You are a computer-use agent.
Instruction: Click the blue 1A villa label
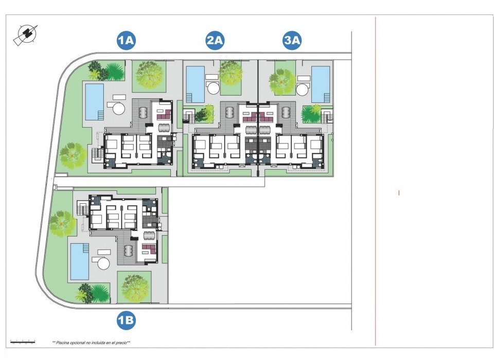click(126, 41)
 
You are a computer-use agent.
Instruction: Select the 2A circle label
click(215, 41)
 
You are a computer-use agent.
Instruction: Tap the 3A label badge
click(292, 41)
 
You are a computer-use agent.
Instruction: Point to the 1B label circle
click(126, 321)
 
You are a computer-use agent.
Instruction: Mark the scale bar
click(23, 341)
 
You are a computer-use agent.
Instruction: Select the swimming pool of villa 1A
click(94, 101)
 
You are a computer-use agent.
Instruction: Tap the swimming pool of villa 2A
click(195, 84)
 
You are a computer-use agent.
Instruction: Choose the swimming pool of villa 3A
click(321, 84)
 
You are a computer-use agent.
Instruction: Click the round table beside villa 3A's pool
click(303, 89)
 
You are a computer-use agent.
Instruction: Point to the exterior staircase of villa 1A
click(96, 154)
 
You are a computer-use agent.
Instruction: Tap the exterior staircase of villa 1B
click(82, 208)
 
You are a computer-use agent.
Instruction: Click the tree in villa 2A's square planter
click(230, 73)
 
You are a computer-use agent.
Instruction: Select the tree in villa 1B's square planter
click(134, 287)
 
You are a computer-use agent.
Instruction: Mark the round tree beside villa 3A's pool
click(282, 81)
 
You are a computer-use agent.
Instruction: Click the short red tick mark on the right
click(399, 193)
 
